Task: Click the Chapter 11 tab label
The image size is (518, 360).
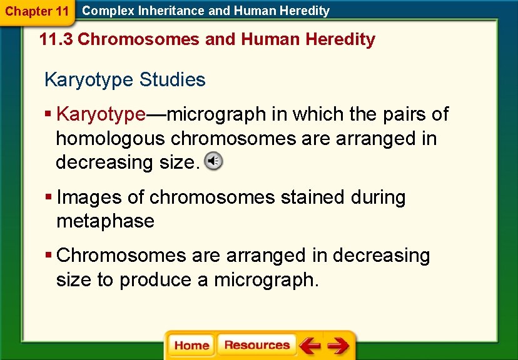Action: point(37,11)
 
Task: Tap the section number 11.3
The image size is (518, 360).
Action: point(56,39)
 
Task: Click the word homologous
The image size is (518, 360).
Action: point(111,138)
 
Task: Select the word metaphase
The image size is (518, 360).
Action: point(105,221)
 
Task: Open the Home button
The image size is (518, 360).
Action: point(191,346)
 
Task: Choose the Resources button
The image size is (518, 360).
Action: point(256,345)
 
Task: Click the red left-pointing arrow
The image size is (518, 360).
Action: point(309,346)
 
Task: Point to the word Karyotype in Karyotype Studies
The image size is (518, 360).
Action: point(89,80)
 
